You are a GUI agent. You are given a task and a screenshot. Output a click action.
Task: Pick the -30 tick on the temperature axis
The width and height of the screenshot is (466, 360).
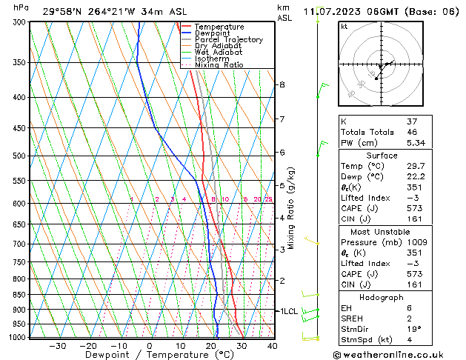point(57,345)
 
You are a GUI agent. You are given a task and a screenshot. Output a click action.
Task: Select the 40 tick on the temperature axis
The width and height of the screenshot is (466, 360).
point(272,345)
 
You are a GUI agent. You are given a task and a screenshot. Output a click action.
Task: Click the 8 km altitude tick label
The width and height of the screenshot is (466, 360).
point(282,84)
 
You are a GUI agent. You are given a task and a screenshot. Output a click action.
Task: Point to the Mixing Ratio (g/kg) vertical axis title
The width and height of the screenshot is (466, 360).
point(292,208)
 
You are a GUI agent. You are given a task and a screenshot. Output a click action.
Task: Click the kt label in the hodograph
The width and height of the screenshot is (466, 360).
point(344,27)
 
